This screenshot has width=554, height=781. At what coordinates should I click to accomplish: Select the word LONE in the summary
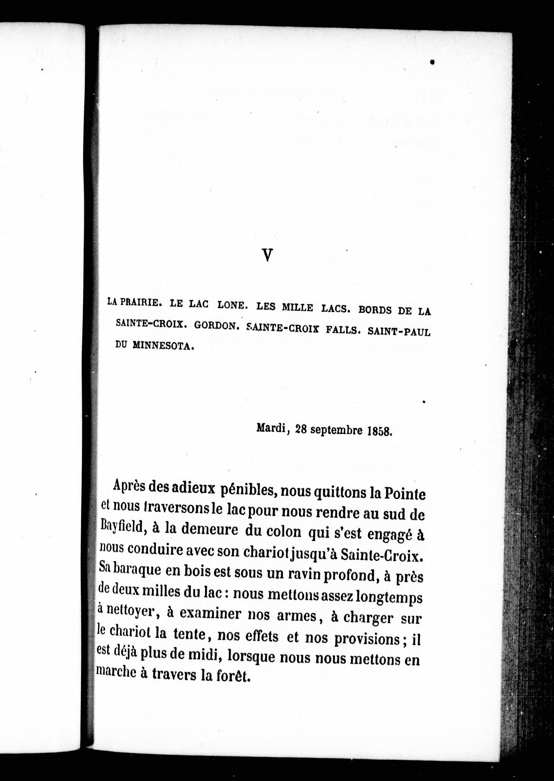pos(231,306)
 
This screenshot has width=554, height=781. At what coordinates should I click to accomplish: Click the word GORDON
pos(215,326)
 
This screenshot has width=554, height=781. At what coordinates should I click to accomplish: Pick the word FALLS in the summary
pos(343,330)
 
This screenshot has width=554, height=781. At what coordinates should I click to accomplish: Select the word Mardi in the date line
pos(271,428)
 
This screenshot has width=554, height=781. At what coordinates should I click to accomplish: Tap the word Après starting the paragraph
pos(129,485)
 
